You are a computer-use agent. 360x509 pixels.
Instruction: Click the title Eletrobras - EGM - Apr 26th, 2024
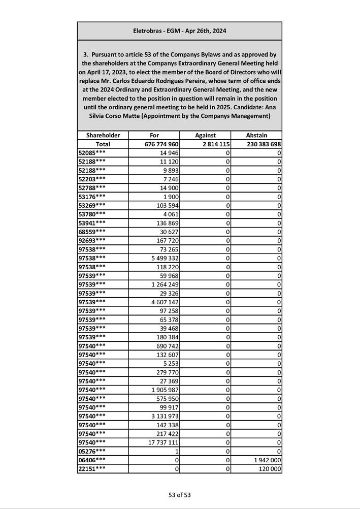[x=179, y=31]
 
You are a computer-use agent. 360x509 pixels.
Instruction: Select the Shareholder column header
[x=103, y=136]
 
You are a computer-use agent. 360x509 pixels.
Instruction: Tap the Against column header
[x=205, y=136]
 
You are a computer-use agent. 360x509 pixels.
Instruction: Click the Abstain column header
[x=256, y=136]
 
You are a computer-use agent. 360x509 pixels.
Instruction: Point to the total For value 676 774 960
[x=161, y=144]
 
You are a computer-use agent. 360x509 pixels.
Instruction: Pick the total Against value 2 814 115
[x=212, y=144]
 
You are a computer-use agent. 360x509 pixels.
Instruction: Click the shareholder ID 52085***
[x=92, y=153]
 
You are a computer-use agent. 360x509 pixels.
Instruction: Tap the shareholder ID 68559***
[x=92, y=232]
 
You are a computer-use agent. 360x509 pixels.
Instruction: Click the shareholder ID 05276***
[x=92, y=451]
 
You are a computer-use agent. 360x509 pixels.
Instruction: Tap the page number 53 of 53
[x=180, y=495]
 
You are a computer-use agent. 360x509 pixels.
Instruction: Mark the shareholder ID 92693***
[x=92, y=240]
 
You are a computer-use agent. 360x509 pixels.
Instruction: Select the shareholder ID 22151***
[x=92, y=468]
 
